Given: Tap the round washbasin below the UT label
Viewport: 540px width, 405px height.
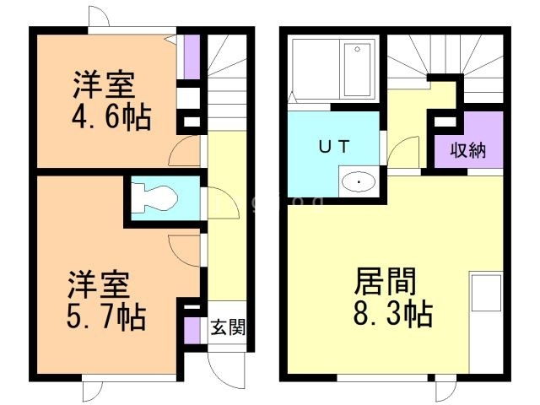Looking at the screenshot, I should pos(360,182).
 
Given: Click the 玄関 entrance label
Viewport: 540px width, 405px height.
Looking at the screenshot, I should pos(228,327).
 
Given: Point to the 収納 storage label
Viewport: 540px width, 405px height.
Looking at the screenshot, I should pos(467,152).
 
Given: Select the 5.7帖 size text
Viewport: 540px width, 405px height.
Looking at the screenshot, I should pos(106,318).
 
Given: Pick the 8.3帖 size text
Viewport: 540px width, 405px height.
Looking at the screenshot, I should pos(392,314).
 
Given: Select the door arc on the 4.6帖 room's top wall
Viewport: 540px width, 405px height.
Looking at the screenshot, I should pos(97,19).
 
